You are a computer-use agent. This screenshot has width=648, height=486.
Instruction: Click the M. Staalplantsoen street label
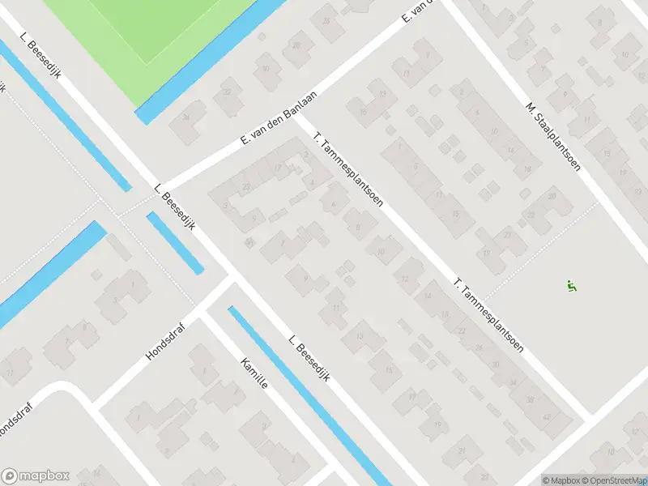tap(552, 137)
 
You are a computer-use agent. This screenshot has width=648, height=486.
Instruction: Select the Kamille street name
tap(254, 374)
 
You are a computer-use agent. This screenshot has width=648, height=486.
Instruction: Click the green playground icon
tap(573, 285)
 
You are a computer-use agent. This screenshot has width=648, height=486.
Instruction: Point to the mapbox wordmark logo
tap(36, 476)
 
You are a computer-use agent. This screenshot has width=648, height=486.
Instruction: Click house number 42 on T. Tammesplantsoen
tap(545, 416)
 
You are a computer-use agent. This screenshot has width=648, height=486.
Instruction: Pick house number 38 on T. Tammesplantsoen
tap(531, 399)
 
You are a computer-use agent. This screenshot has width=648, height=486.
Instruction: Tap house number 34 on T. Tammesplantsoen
tap(512, 382)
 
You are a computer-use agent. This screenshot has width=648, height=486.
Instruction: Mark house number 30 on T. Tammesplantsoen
tap(496, 364)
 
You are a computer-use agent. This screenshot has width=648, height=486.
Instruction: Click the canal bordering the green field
tap(211, 61)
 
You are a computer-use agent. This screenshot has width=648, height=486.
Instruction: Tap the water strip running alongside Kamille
tap(308, 393)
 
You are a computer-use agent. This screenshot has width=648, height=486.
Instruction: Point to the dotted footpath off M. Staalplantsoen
tap(543, 243)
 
